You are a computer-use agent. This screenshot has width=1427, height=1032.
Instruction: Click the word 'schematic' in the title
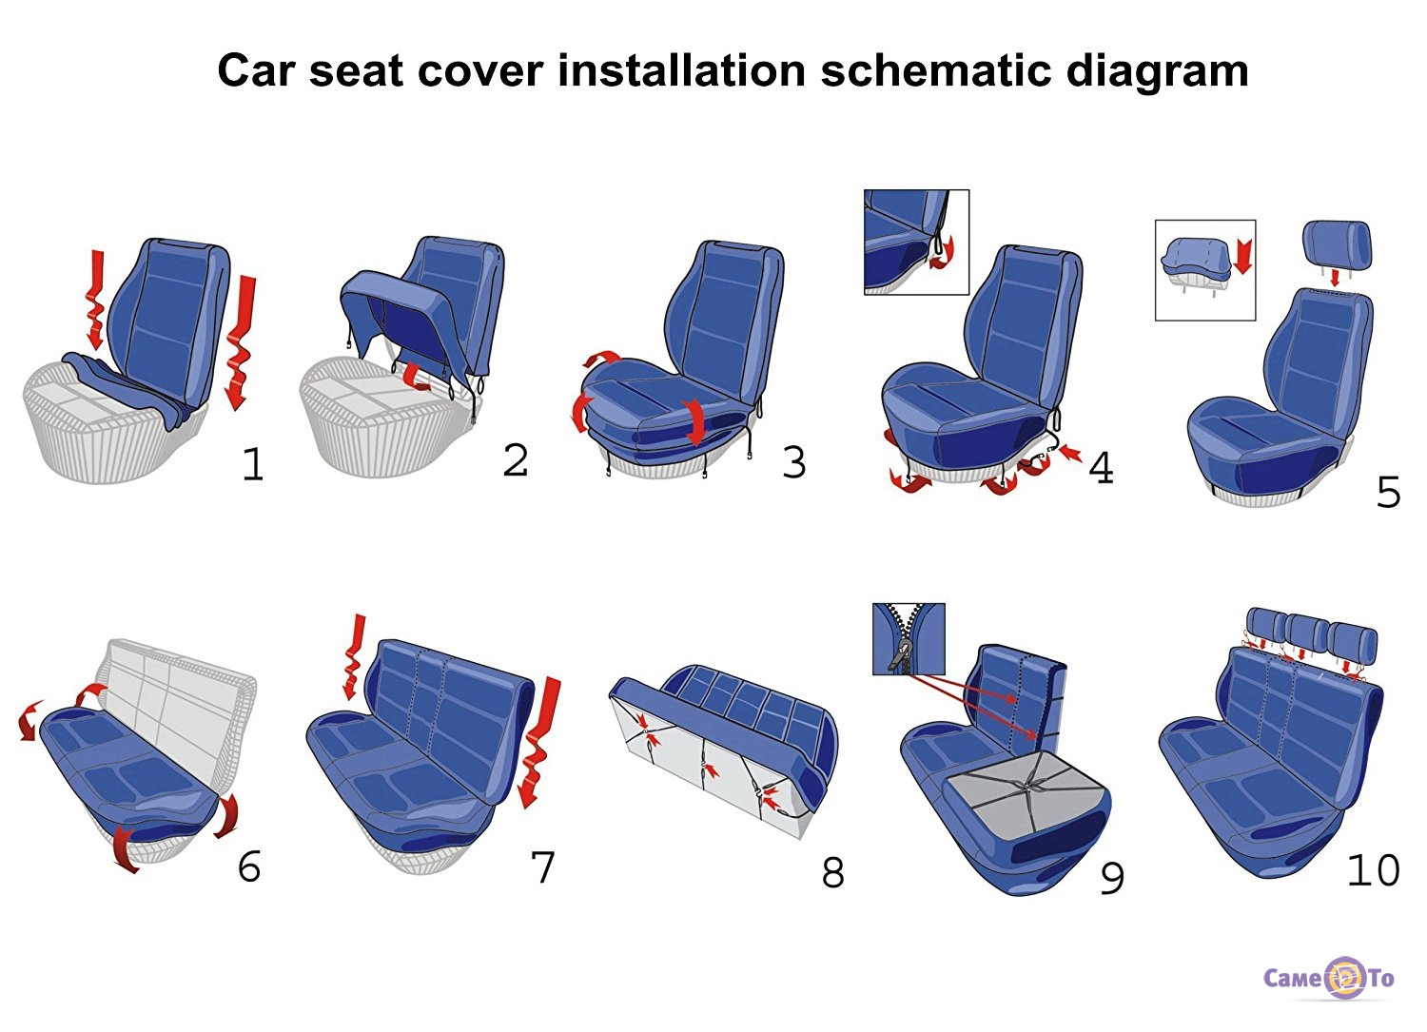pos(935,69)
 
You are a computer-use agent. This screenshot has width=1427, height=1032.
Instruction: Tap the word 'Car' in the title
pos(256,70)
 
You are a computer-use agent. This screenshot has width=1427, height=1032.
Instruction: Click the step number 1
pos(254,464)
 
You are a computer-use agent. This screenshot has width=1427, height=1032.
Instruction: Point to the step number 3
pos(793,462)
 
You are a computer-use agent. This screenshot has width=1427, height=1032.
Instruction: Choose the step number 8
pos(832,873)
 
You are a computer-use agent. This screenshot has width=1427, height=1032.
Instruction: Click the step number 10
pos(1374,870)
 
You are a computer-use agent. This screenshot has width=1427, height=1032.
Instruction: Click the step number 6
pos(249,866)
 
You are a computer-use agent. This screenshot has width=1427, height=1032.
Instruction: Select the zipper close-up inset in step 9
pos(909,639)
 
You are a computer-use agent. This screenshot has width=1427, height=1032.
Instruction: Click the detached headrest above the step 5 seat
pos(1338,244)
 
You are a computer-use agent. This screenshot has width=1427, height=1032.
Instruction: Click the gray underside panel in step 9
pos(1025,789)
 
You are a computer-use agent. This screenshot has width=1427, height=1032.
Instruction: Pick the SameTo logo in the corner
pos(1328,978)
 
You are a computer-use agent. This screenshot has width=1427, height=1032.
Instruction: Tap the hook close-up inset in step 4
pos(917,243)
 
